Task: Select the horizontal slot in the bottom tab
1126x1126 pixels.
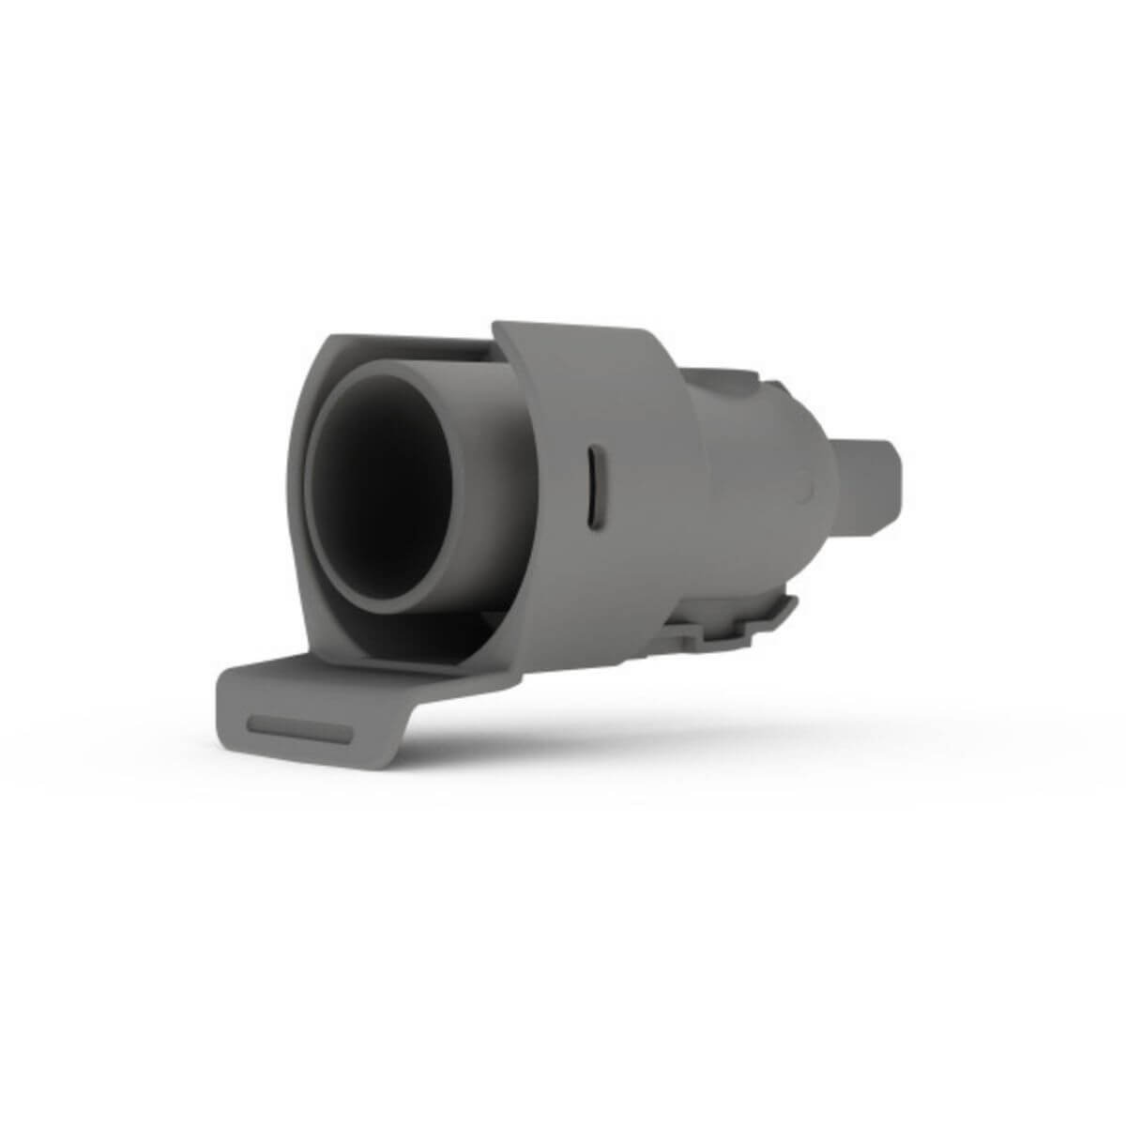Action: (x=301, y=729)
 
